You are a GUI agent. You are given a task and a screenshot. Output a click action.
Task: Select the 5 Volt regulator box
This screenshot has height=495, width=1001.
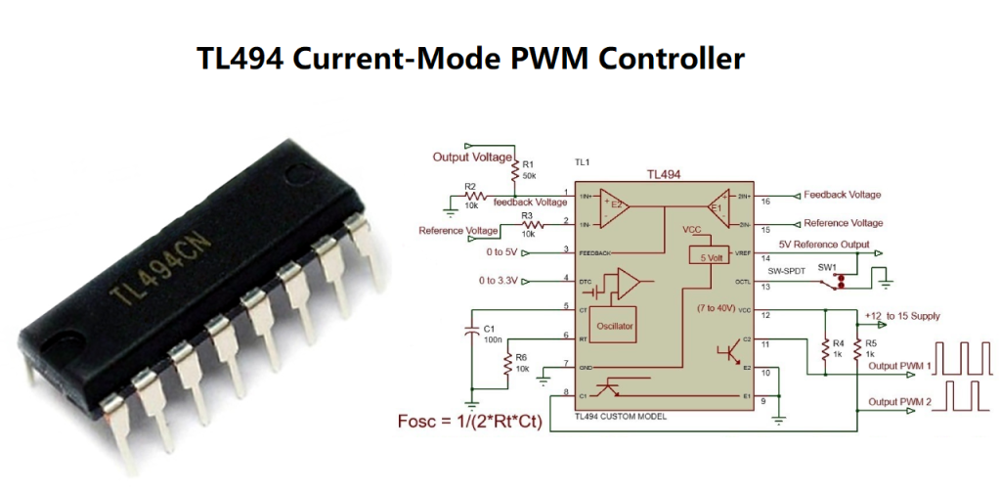(708, 255)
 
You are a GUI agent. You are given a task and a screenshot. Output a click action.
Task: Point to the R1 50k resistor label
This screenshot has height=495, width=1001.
(529, 169)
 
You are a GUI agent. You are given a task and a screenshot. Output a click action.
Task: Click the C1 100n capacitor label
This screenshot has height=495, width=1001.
(492, 335)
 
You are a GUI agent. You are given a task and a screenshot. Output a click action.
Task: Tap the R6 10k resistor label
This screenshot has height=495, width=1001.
(521, 363)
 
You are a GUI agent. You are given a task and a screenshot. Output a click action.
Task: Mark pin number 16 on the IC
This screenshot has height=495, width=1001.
(765, 201)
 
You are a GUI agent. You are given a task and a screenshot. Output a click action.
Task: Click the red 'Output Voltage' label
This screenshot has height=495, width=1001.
(472, 157)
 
